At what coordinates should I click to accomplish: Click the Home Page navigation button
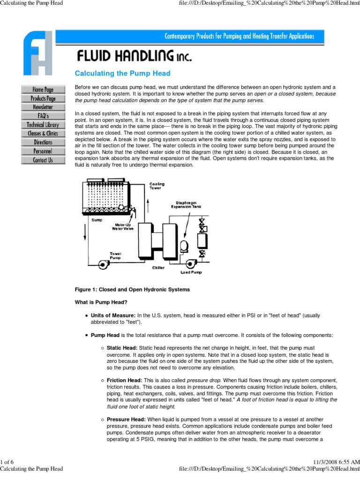[43, 90]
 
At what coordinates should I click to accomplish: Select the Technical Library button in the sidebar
[43, 125]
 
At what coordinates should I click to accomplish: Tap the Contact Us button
[43, 160]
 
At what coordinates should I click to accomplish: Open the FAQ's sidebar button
[43, 116]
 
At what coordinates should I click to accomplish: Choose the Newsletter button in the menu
[43, 107]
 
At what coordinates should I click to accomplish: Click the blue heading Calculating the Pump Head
[123, 74]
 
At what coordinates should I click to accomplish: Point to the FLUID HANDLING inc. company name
[134, 57]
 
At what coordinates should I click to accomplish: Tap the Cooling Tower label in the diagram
[157, 187]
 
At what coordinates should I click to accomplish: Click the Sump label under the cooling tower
[97, 219]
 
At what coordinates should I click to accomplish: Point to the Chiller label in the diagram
[158, 268]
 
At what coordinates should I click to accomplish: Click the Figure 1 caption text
[132, 290]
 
